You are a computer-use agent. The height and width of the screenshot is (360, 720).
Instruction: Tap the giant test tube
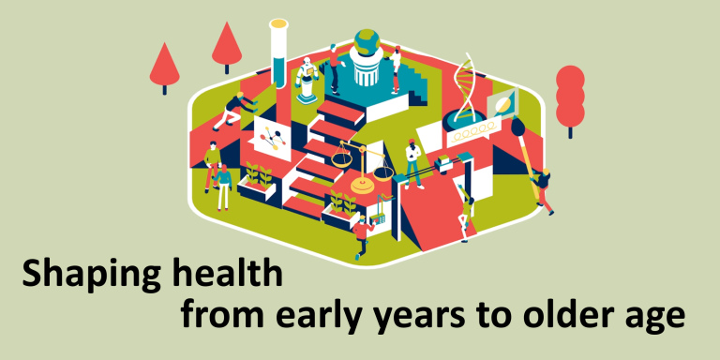pyautogui.click(x=277, y=54)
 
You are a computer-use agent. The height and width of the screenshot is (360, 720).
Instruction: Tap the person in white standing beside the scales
pyautogui.click(x=412, y=159)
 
